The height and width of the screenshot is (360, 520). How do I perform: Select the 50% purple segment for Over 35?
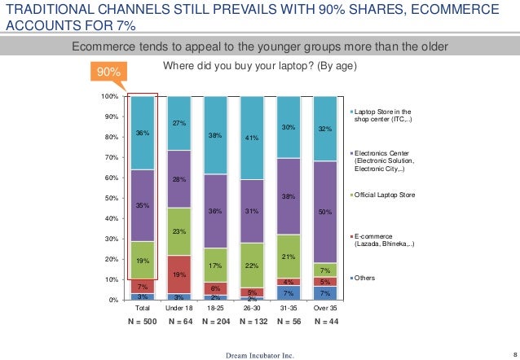point(325,212)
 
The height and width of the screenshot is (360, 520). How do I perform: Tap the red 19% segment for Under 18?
point(179,274)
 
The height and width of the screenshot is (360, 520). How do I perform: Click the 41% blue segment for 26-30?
point(252,138)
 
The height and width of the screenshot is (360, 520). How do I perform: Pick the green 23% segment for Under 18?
point(179,232)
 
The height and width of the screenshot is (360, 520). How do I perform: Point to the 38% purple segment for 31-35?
point(289,196)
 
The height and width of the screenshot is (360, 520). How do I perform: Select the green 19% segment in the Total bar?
point(143,261)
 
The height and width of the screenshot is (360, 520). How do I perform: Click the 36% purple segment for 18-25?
point(216,211)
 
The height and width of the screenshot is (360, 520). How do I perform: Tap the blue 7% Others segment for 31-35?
point(289,292)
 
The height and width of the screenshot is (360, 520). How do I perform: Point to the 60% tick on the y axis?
point(111,178)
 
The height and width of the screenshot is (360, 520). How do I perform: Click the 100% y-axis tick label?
point(109,97)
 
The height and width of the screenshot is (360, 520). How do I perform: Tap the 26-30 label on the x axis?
point(252,310)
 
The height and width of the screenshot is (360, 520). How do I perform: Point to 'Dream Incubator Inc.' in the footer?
point(259,354)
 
